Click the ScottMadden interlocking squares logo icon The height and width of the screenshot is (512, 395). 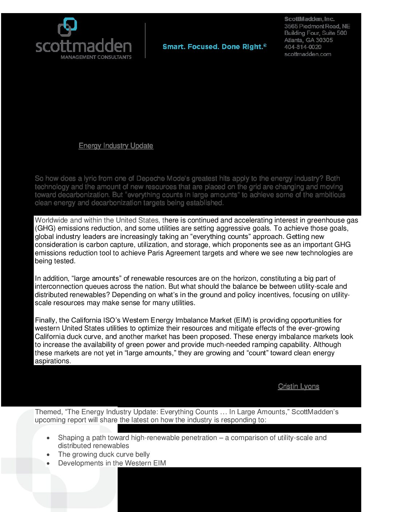coord(68,27)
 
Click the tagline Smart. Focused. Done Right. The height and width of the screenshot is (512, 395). coord(214,47)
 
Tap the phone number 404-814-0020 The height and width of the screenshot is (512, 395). coord(302,47)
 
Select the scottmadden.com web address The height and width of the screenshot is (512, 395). coord(308,54)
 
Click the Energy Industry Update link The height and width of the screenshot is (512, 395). coord(116,146)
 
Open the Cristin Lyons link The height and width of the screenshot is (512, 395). coord(298,387)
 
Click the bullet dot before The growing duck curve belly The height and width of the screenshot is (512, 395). coord(48,455)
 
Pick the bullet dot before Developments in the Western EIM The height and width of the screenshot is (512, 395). coord(48,463)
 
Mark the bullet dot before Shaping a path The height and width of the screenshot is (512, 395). coord(48,438)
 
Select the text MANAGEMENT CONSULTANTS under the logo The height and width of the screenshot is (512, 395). coord(96,57)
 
